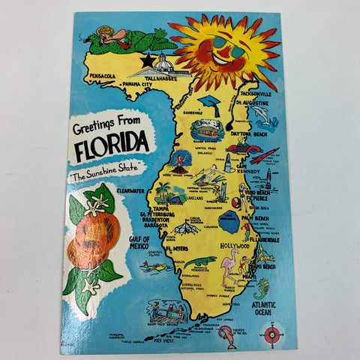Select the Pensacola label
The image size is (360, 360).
point(99,76)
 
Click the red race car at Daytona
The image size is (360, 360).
point(243,148)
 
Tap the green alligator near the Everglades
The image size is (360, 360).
point(199,262)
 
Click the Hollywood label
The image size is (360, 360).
point(236,245)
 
